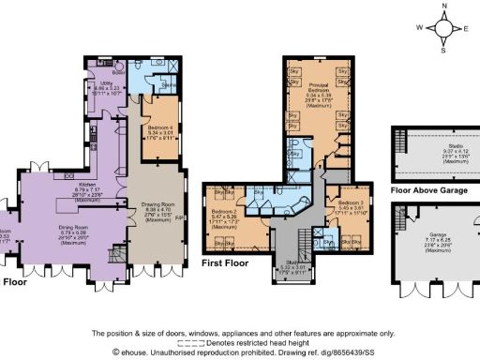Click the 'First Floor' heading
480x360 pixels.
tap(227, 265)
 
